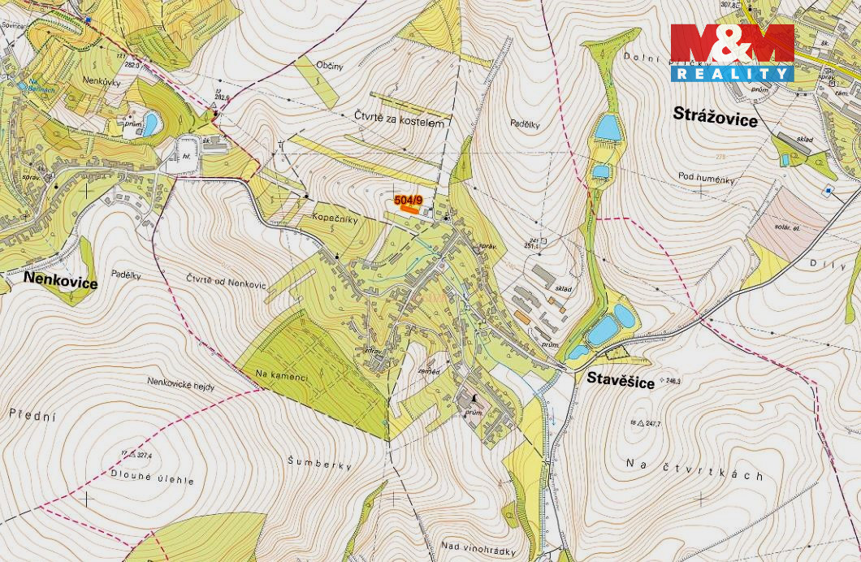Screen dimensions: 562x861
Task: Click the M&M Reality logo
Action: pyautogui.click(x=731, y=52)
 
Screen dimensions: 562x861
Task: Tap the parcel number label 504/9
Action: pyautogui.click(x=408, y=200)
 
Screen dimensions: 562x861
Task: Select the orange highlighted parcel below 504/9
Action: pyautogui.click(x=409, y=209)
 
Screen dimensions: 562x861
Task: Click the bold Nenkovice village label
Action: pyautogui.click(x=60, y=282)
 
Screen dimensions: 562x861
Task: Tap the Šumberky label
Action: pyautogui.click(x=319, y=464)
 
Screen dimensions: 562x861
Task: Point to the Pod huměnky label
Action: pyautogui.click(x=705, y=175)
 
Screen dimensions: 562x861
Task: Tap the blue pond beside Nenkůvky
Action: pyautogui.click(x=150, y=124)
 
